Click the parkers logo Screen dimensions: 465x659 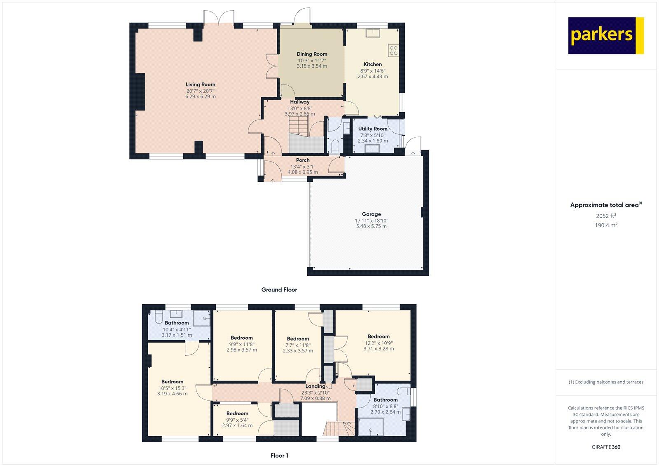pos(605,35)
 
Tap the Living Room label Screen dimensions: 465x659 pos(200,85)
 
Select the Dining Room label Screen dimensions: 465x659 pos(312,54)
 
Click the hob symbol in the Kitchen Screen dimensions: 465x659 pos(393,50)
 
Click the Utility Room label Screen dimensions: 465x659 pos(372,129)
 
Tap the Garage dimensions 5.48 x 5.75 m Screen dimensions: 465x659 pos(371,226)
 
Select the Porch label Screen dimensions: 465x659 pos(303,160)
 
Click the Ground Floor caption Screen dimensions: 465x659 pos(279,290)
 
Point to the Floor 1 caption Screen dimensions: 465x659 pos(279,456)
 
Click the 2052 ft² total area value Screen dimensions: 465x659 pos(606,216)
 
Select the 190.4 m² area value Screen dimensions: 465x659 pos(606,225)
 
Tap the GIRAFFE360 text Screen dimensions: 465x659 pos(606,447)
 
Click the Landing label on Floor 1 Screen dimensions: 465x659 pos(315,386)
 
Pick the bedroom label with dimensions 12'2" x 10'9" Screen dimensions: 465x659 pos(379,336)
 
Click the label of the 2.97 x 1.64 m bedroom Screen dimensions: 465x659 pos(237,413)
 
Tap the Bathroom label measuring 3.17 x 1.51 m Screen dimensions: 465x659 pos(177,323)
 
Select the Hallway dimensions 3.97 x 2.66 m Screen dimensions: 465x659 pos(299,114)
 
